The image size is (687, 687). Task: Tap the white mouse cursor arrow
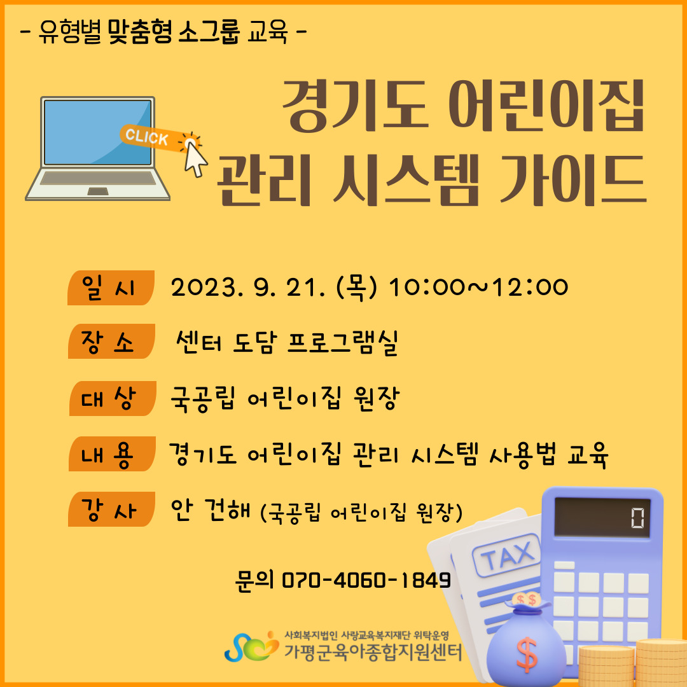(x=195, y=159)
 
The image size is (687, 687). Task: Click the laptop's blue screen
(x=98, y=132)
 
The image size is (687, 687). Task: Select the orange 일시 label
(x=111, y=288)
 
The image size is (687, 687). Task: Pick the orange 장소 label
(x=111, y=342)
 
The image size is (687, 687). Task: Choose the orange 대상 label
(x=112, y=398)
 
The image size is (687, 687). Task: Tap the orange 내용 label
(x=112, y=454)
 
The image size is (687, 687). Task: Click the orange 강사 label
(x=111, y=509)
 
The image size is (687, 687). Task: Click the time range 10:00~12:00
(x=478, y=288)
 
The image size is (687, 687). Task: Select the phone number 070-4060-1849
(x=366, y=579)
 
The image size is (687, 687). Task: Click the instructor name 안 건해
(x=211, y=510)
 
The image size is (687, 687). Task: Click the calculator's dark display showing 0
(x=602, y=517)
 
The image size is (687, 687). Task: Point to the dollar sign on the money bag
(x=527, y=654)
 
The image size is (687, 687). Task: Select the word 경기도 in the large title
(x=355, y=106)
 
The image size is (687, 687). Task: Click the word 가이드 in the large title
(x=573, y=179)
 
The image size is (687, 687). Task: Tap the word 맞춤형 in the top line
(x=140, y=32)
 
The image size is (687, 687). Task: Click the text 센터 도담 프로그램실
(x=287, y=342)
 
